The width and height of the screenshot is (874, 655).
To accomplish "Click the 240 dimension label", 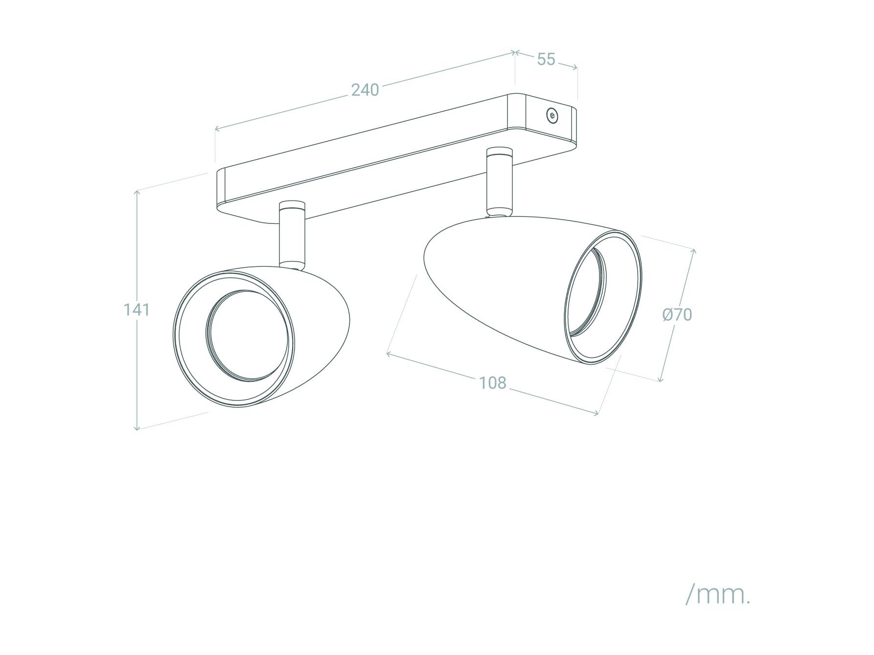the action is click(x=365, y=90).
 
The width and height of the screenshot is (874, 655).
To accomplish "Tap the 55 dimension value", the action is click(x=546, y=59).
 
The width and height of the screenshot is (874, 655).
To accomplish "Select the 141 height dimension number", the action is click(x=136, y=309).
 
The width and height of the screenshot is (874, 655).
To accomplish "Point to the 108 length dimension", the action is click(x=492, y=383).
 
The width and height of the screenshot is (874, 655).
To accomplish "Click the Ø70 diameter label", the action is click(x=677, y=314).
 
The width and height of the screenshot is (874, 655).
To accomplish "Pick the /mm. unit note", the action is click(x=717, y=594).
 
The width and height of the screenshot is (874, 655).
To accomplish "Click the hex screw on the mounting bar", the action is click(x=552, y=116).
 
